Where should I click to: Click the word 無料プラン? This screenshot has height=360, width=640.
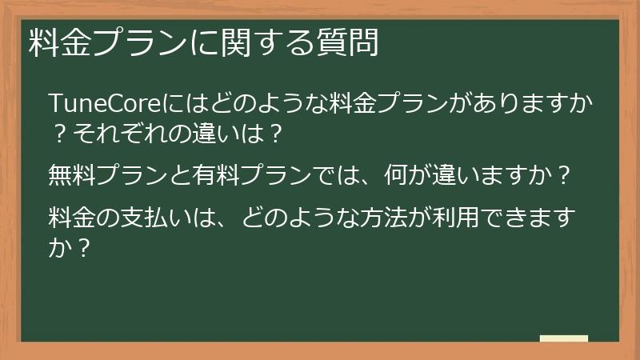pos(95,175)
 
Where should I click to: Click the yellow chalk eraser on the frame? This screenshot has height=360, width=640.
pos(564,339)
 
